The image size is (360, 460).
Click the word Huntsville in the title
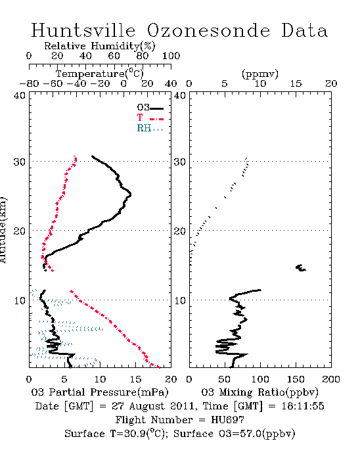pyautogui.click(x=83, y=30)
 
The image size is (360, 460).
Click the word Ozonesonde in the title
pyautogui.click(x=208, y=30)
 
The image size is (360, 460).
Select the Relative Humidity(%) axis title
pyautogui.click(x=100, y=46)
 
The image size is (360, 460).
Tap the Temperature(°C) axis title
pyautogui.click(x=100, y=74)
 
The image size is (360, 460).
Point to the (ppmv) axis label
pyautogui.click(x=260, y=74)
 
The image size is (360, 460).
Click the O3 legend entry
pyautogui.click(x=150, y=108)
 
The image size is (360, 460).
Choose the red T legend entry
pyautogui.click(x=150, y=118)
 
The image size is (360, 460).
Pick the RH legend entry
pyautogui.click(x=150, y=128)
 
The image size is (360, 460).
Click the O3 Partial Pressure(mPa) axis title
pyautogui.click(x=100, y=392)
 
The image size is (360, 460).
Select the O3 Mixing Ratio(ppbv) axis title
pyautogui.click(x=259, y=392)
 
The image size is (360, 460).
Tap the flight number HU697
pyautogui.click(x=227, y=420)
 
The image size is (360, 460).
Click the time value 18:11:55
pyautogui.click(x=303, y=406)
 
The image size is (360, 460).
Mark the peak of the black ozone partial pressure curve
pyautogui.click(x=131, y=195)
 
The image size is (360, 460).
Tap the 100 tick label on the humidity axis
pyautogui.click(x=171, y=56)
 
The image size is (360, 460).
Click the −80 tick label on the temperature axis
pyautogui.click(x=29, y=83)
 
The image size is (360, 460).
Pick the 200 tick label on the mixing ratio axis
pyautogui.click(x=331, y=379)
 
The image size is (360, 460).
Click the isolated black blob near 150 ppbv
pyautogui.click(x=300, y=267)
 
